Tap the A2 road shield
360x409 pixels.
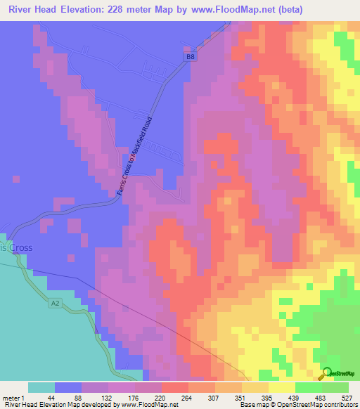tap(56, 303)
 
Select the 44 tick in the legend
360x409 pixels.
tap(51, 398)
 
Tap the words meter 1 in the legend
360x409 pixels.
tap(13, 398)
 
